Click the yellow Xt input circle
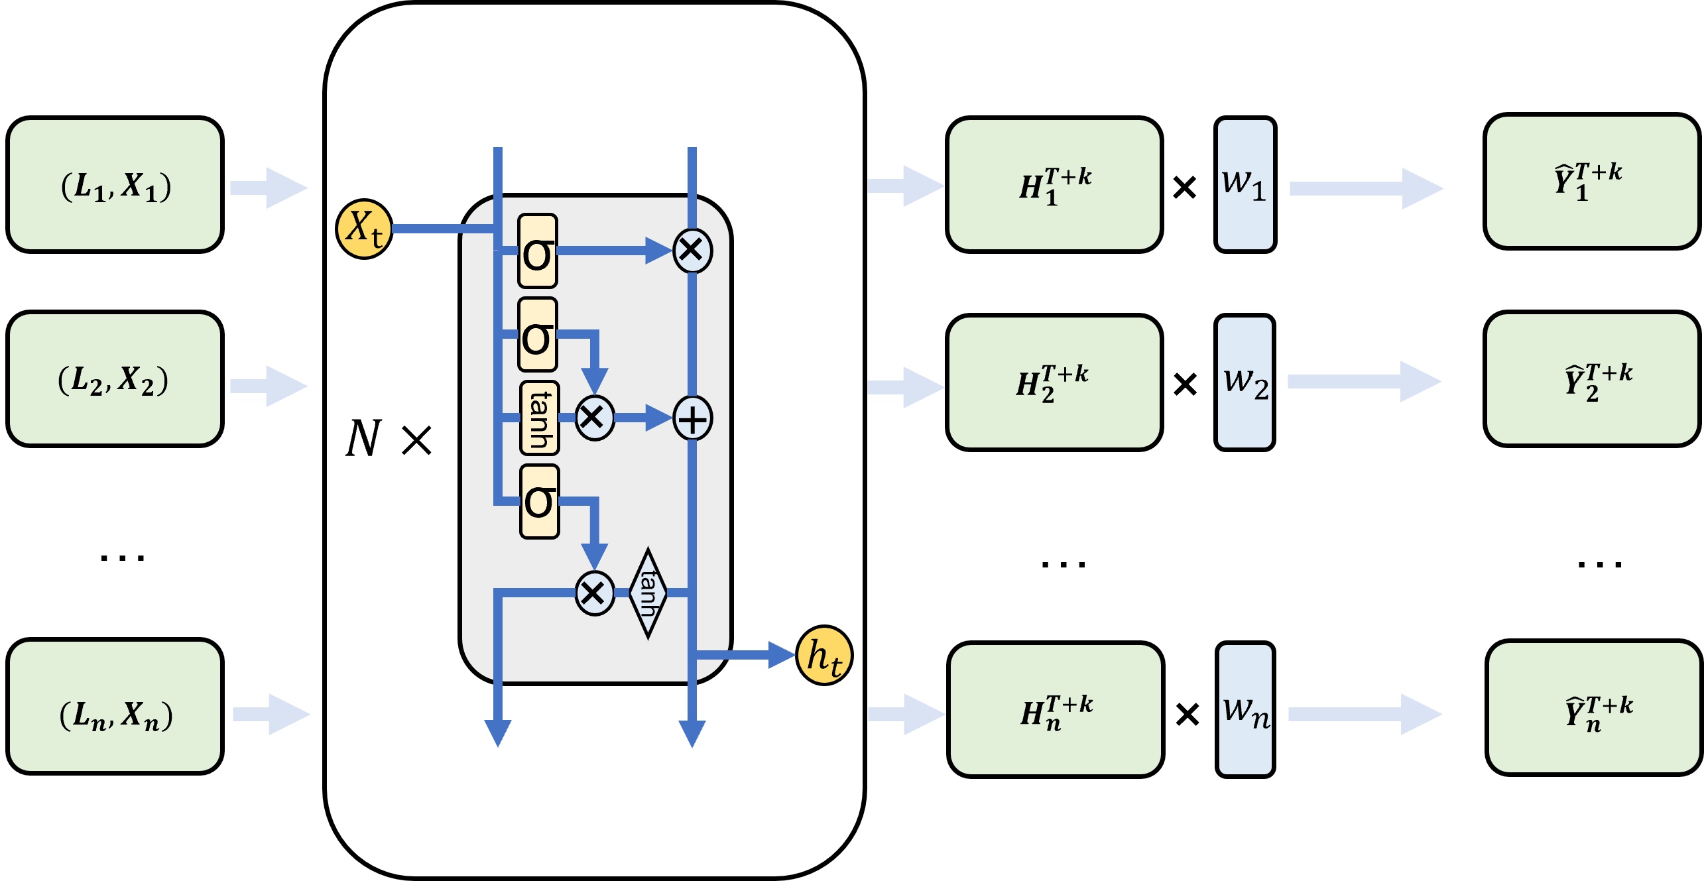364,229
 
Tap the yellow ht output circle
824,656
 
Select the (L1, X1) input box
115,185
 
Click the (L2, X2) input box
115,379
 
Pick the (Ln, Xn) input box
115,706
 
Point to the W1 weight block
1245,185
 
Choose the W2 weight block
1245,382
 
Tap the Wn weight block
1245,709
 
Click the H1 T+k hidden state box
1054,185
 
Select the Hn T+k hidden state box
1056,709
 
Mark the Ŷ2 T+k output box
1592,379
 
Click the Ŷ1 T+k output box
1592,182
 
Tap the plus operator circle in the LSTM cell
692,419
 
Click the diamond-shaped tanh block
648,593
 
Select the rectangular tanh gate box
539,418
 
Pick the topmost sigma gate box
537,251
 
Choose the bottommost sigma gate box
539,501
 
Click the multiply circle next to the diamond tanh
594,593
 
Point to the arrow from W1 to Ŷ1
1366,189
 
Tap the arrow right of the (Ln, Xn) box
272,714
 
